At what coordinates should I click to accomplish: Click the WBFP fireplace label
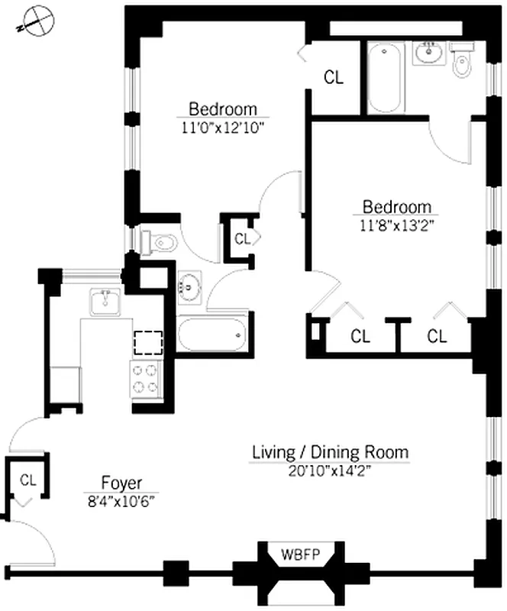pos(300,554)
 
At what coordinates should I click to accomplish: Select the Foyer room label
pos(121,483)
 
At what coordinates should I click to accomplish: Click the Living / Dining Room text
pos(331,452)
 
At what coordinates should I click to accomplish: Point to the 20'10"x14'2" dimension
pos(329,471)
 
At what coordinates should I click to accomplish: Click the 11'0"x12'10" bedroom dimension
pos(223,128)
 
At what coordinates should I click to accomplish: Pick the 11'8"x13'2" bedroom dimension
pos(396,225)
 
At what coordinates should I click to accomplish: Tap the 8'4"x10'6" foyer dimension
pos(121,501)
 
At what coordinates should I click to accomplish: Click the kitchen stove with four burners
pos(146,379)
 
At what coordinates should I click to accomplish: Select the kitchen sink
pos(105,302)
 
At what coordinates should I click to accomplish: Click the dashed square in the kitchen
pos(148,343)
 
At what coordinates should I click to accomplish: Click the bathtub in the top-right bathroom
pos(384,78)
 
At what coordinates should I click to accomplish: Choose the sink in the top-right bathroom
pos(429,53)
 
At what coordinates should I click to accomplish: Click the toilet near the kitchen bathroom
pos(160,242)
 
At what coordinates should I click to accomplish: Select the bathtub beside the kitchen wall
pos(212,335)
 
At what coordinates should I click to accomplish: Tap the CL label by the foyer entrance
pos(28,480)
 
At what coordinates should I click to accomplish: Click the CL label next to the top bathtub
pos(334,77)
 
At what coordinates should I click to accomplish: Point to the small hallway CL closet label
pos(242,239)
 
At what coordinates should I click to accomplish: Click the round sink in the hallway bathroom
pos(190,287)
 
